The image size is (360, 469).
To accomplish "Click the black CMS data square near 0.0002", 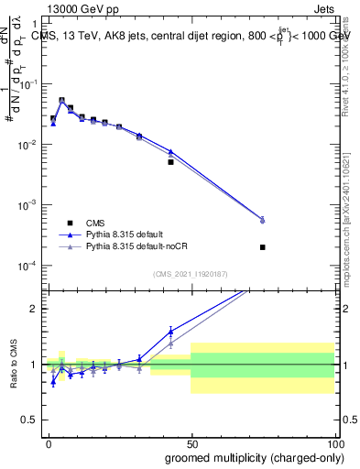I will (x=262, y=247).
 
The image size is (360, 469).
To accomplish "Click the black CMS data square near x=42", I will (x=170, y=162).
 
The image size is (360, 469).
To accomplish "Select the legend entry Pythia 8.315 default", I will (x=133, y=234).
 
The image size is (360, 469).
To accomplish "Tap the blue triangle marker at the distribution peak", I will (x=61, y=101).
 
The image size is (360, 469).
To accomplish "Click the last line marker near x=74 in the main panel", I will (x=262, y=220).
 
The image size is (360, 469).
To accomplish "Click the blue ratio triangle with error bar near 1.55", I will (x=170, y=332).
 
